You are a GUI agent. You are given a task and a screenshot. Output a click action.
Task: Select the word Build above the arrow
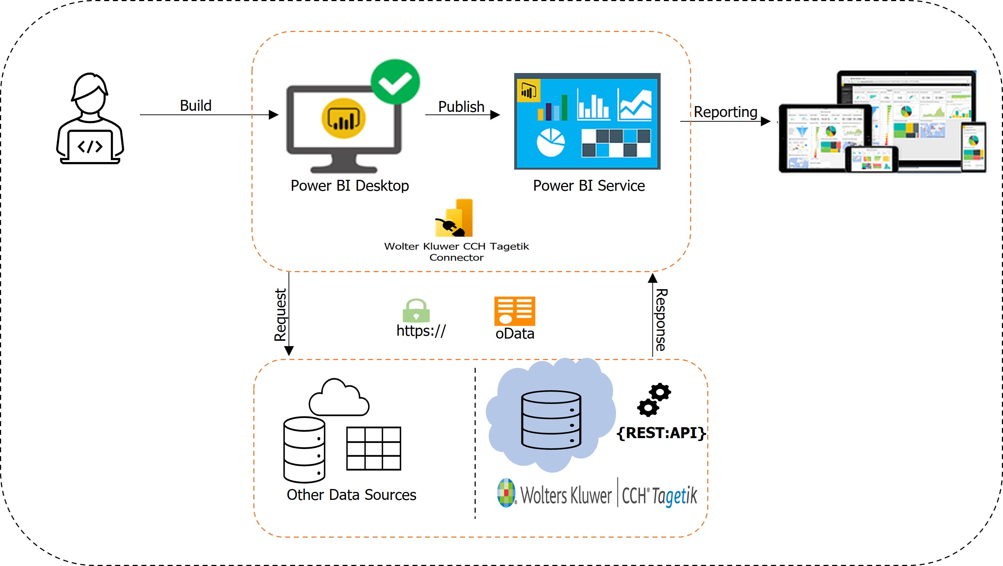196,105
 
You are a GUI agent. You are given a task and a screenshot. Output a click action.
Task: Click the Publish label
461,107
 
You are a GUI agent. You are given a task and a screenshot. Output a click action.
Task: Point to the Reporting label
725,112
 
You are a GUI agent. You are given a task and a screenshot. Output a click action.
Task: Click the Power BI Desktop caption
350,186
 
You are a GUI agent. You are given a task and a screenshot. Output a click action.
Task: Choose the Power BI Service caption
589,186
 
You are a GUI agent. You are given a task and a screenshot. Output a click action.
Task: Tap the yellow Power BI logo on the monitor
343,118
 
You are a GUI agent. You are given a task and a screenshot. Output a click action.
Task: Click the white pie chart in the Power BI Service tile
551,142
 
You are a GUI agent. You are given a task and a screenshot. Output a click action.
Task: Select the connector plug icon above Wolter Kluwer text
454,219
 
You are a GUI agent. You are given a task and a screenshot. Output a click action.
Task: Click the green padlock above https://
416,311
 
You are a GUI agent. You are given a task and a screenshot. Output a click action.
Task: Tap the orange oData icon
514,311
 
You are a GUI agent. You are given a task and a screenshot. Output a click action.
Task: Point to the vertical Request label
280,315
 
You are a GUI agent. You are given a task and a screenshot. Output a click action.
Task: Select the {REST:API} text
661,433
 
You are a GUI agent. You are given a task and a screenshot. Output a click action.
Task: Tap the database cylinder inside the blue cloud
551,420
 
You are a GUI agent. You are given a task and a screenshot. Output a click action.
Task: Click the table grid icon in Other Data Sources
374,448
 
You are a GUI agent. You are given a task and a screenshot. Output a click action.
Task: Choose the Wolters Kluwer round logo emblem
506,493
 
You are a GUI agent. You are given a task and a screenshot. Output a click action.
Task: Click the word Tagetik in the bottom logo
674,496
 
